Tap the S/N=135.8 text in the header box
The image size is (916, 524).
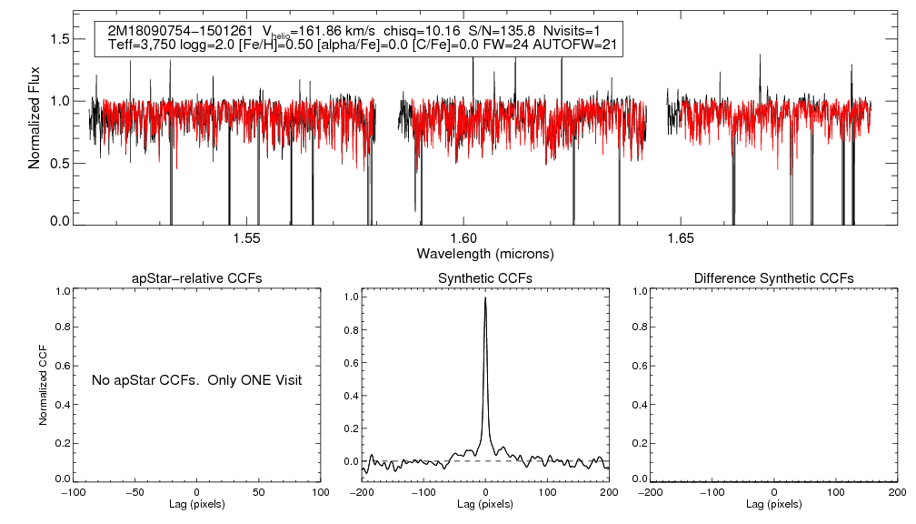pyautogui.click(x=497, y=31)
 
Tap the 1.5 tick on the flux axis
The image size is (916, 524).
pyautogui.click(x=62, y=39)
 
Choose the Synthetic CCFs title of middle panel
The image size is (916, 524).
pyautogui.click(x=485, y=277)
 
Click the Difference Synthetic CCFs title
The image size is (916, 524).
pyautogui.click(x=773, y=277)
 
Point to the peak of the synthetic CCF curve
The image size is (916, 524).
pyautogui.click(x=485, y=297)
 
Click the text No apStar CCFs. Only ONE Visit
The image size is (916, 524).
pyautogui.click(x=196, y=379)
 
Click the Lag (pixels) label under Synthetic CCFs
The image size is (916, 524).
pyautogui.click(x=485, y=504)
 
